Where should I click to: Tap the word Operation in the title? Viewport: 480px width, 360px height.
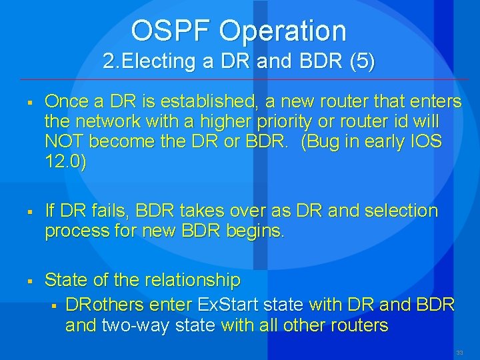click(x=283, y=31)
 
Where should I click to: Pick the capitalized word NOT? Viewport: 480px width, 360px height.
click(x=64, y=141)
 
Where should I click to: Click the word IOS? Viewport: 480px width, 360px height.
click(x=426, y=141)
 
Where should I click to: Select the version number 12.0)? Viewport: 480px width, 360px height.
click(x=65, y=162)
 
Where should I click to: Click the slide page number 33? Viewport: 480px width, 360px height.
click(x=459, y=352)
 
